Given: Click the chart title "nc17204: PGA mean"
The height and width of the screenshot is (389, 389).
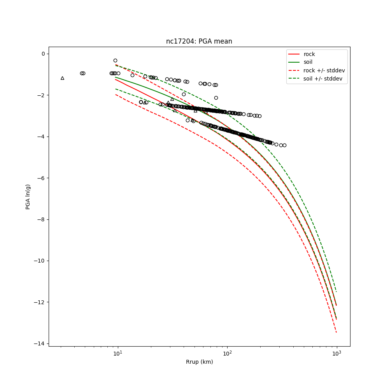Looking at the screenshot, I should click(x=199, y=41).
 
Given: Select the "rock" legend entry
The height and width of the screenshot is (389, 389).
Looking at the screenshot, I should click(x=309, y=54).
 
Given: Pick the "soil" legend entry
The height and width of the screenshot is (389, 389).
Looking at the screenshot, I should click(x=308, y=62).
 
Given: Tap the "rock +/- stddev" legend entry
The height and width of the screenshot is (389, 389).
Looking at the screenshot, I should click(x=324, y=70).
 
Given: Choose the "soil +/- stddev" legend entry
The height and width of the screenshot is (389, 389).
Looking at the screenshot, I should click(x=324, y=79).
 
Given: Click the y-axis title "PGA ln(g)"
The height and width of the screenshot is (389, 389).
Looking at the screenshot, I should click(x=28, y=197).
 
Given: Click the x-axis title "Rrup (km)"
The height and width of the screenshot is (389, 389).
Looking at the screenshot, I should click(x=199, y=362).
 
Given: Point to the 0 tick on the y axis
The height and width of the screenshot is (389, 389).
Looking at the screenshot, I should click(x=43, y=54).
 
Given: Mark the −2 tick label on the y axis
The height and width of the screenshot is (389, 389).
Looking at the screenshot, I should click(x=41, y=95).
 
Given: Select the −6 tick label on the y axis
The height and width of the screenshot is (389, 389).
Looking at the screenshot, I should click(x=41, y=178).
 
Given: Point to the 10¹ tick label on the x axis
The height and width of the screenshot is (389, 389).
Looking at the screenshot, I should click(x=117, y=354).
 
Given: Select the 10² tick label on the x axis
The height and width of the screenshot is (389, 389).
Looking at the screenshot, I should click(x=227, y=354).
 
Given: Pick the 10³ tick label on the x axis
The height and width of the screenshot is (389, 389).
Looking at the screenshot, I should click(x=336, y=354).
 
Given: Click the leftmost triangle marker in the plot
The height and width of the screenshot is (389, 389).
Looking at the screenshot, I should click(x=62, y=78).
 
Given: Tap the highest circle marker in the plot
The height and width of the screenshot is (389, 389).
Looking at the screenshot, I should click(x=115, y=60).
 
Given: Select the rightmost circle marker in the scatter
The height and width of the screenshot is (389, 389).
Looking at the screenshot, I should click(x=284, y=145).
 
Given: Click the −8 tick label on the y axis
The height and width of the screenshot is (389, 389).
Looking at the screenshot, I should click(x=41, y=219).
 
